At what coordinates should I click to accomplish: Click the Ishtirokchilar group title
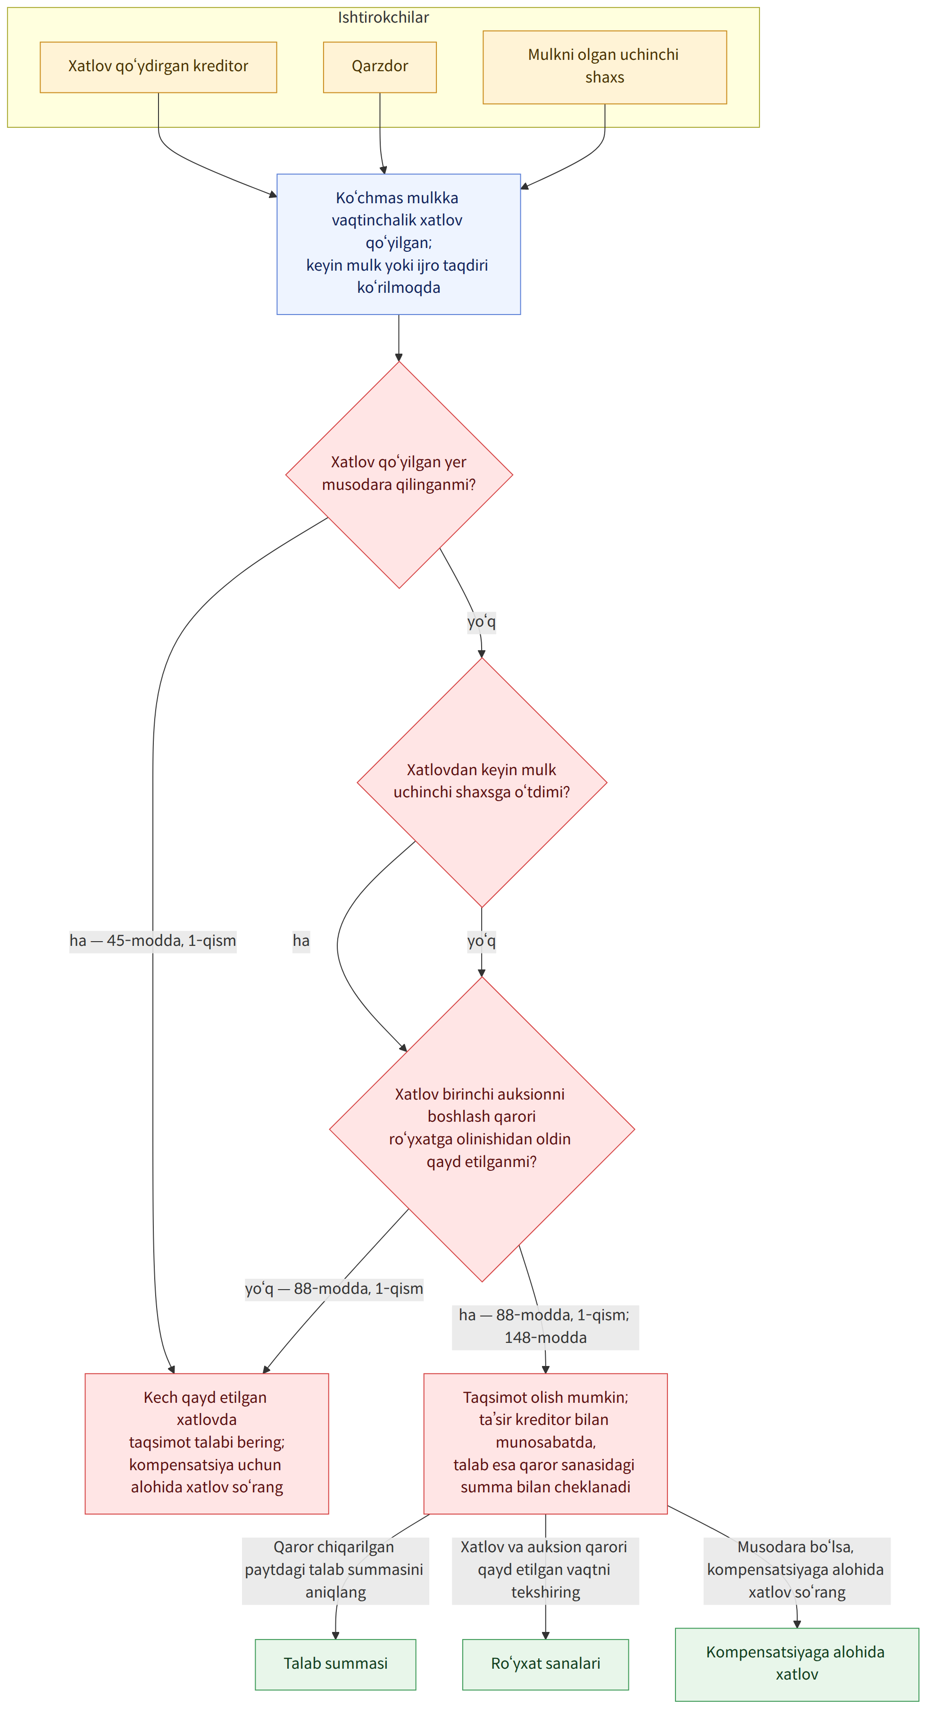[x=383, y=17]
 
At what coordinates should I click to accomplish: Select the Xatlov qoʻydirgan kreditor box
[x=158, y=67]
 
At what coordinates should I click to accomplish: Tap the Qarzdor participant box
[x=380, y=67]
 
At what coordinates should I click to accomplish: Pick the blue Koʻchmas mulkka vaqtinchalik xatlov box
[x=399, y=244]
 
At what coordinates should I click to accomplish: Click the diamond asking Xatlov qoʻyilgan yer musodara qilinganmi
[x=399, y=475]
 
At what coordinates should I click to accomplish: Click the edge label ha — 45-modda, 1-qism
[x=153, y=941]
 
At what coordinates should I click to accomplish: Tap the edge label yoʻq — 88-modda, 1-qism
[x=334, y=1288]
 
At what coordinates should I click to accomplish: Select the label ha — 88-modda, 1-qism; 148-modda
[x=546, y=1327]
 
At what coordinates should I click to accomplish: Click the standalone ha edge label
[x=301, y=941]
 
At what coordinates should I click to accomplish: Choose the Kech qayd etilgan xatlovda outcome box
[x=207, y=1443]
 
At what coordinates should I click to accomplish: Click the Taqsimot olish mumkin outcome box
[x=546, y=1443]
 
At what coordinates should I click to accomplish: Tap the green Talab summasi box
[x=335, y=1664]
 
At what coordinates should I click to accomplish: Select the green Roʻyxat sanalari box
[x=546, y=1664]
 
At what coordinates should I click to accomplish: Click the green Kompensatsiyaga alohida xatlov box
[x=797, y=1664]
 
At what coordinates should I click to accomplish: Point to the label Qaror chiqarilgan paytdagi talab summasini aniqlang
[x=335, y=1570]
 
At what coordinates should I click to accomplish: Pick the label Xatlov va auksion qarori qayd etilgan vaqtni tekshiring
[x=546, y=1570]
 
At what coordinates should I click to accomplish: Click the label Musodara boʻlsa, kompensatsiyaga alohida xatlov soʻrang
[x=797, y=1570]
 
